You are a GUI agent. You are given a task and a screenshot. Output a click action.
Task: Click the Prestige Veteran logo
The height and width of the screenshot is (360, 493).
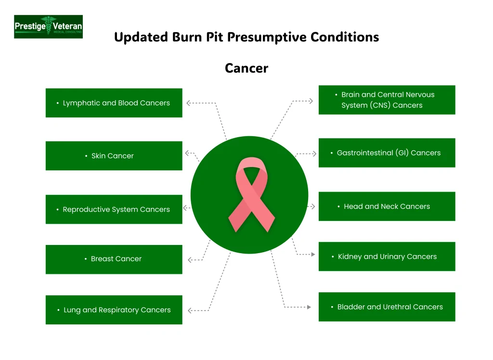coord(48,26)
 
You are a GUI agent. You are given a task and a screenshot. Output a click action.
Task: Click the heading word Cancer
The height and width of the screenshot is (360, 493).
coord(246,68)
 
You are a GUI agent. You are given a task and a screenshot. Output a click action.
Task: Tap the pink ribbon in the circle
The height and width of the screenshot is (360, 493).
coord(251,195)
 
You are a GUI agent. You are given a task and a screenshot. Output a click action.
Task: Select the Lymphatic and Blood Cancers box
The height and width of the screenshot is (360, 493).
coord(114,103)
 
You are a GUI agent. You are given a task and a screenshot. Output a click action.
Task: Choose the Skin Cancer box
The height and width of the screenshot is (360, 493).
coord(114,155)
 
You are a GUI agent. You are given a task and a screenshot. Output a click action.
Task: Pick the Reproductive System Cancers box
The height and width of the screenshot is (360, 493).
coord(114,209)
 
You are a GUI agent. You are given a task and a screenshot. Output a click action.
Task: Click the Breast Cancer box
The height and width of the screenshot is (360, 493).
coord(114,259)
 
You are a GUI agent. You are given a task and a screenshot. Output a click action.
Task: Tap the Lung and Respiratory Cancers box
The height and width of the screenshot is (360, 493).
coord(114,310)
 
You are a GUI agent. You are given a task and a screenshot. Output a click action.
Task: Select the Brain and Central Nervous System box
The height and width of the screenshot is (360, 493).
coord(387,100)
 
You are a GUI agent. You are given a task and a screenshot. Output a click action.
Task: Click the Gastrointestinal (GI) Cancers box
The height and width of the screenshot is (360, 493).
coord(387,153)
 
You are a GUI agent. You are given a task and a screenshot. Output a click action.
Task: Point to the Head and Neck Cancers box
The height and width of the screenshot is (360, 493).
coord(387,206)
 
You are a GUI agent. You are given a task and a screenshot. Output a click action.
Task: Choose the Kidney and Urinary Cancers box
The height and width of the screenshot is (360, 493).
coord(387,257)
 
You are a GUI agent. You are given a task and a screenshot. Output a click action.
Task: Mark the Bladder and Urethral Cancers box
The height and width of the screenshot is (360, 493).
coord(387,307)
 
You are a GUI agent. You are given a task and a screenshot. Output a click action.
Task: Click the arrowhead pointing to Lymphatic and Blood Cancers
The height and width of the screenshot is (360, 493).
coord(189,103)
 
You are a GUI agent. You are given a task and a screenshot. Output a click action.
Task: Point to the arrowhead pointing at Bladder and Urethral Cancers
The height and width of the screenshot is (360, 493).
coord(309,307)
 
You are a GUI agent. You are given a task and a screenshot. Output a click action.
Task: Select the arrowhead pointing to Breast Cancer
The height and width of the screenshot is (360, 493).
coord(190,260)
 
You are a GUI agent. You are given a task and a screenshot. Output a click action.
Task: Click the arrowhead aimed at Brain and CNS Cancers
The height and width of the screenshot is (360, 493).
coord(311,101)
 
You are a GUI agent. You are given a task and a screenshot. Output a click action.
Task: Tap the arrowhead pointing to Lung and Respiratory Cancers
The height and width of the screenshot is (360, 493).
coord(190,310)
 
